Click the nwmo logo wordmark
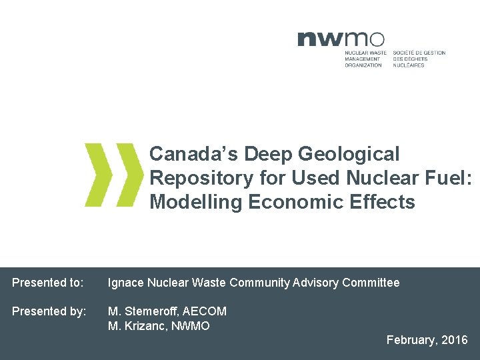pos(341,39)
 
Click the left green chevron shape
pos(97,174)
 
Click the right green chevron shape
pos(128,174)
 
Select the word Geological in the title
pos(349,154)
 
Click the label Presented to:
pos(48,283)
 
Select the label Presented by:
pos(49,311)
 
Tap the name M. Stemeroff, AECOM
pos(167,311)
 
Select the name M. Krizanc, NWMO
pos(159,326)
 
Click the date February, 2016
pos(427,340)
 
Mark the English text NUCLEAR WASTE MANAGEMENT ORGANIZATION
pos(365,59)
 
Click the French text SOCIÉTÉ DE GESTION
pos(419,53)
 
